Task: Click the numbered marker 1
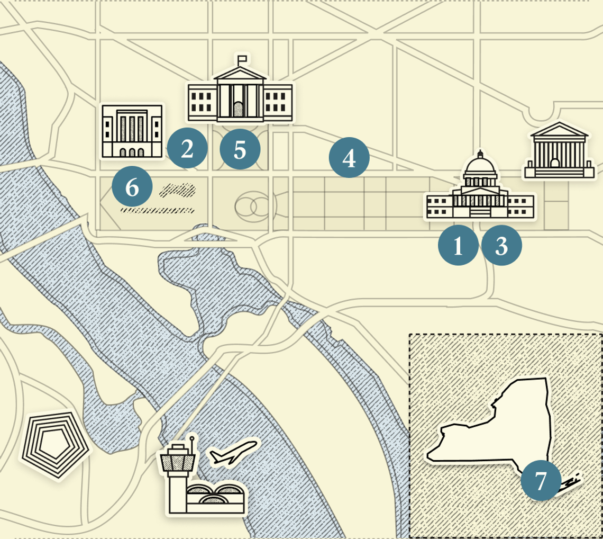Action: pyautogui.click(x=458, y=245)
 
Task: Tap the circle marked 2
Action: pyautogui.click(x=187, y=149)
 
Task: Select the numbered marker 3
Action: pyautogui.click(x=501, y=245)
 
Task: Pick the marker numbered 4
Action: pyautogui.click(x=349, y=157)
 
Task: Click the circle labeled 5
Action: pyautogui.click(x=240, y=149)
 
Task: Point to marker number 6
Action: pyautogui.click(x=132, y=186)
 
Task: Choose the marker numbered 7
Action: pyautogui.click(x=541, y=481)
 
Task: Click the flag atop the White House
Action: pyautogui.click(x=242, y=58)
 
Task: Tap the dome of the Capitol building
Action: pyautogui.click(x=480, y=168)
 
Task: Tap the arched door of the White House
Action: pyautogui.click(x=239, y=109)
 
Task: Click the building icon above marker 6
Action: pyautogui.click(x=132, y=131)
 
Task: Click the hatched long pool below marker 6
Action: pyautogui.click(x=157, y=211)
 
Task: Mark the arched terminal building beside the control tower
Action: pyautogui.click(x=215, y=498)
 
